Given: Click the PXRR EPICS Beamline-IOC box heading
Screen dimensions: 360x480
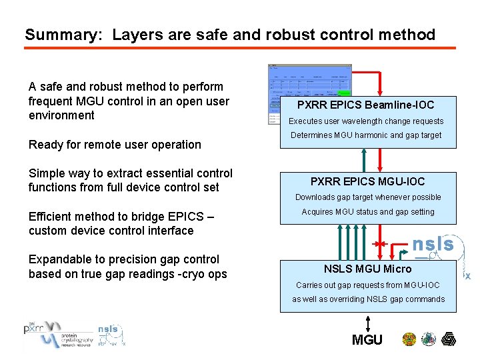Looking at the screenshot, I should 365,105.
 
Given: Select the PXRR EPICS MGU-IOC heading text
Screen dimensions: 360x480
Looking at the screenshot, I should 367,181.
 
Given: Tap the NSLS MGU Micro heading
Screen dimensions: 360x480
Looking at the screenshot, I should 367,269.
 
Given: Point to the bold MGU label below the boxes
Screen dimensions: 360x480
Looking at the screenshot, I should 367,340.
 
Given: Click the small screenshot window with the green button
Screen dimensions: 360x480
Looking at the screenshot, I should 309,94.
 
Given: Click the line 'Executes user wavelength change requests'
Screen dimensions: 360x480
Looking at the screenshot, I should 365,121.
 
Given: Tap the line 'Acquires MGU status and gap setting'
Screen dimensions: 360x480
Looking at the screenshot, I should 368,212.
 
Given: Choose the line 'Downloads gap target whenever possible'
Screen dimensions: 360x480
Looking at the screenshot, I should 368,197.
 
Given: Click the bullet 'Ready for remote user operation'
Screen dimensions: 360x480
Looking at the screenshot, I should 115,145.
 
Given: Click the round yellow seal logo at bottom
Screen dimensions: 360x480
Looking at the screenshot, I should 409,339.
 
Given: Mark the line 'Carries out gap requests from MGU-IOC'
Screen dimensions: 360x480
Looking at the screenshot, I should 368,285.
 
